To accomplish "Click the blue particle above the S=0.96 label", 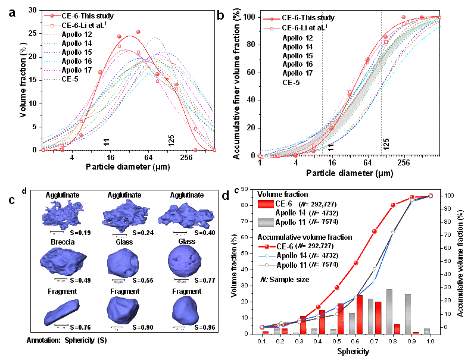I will coord(186,311).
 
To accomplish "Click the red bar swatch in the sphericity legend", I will coord(264,204).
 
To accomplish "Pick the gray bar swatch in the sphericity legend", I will coord(264,222).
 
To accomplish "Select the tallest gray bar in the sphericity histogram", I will coord(389,311).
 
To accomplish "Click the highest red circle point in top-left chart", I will coord(139,32).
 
